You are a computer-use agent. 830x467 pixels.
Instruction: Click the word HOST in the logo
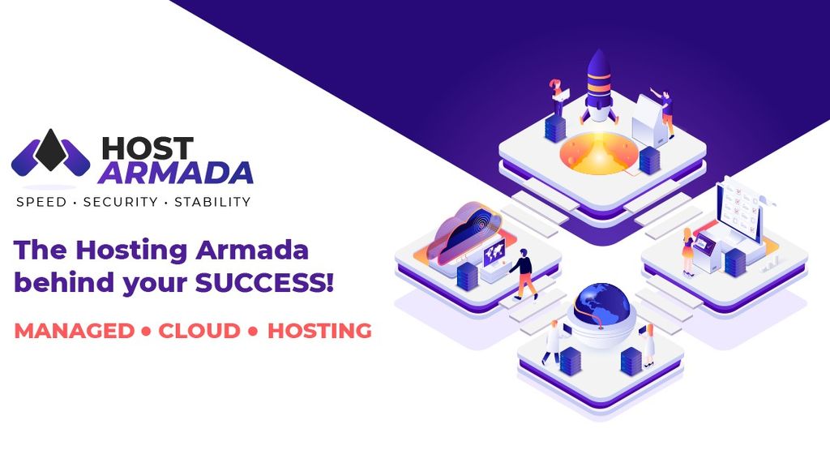tap(148, 148)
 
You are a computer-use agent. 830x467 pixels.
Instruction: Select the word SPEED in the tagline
tap(41, 201)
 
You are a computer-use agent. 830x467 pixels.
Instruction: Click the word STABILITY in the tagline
tap(212, 201)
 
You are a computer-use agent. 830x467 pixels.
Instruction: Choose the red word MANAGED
tap(74, 331)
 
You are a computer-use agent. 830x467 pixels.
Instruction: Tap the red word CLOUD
tap(199, 331)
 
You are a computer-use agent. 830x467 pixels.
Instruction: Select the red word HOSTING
tap(319, 331)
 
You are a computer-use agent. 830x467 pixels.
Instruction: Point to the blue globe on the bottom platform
tap(601, 304)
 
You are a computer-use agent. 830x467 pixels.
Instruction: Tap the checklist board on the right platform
tap(740, 209)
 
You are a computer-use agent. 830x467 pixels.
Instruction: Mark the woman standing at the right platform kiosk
tap(688, 251)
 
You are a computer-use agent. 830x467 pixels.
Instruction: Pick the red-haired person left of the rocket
tap(557, 97)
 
